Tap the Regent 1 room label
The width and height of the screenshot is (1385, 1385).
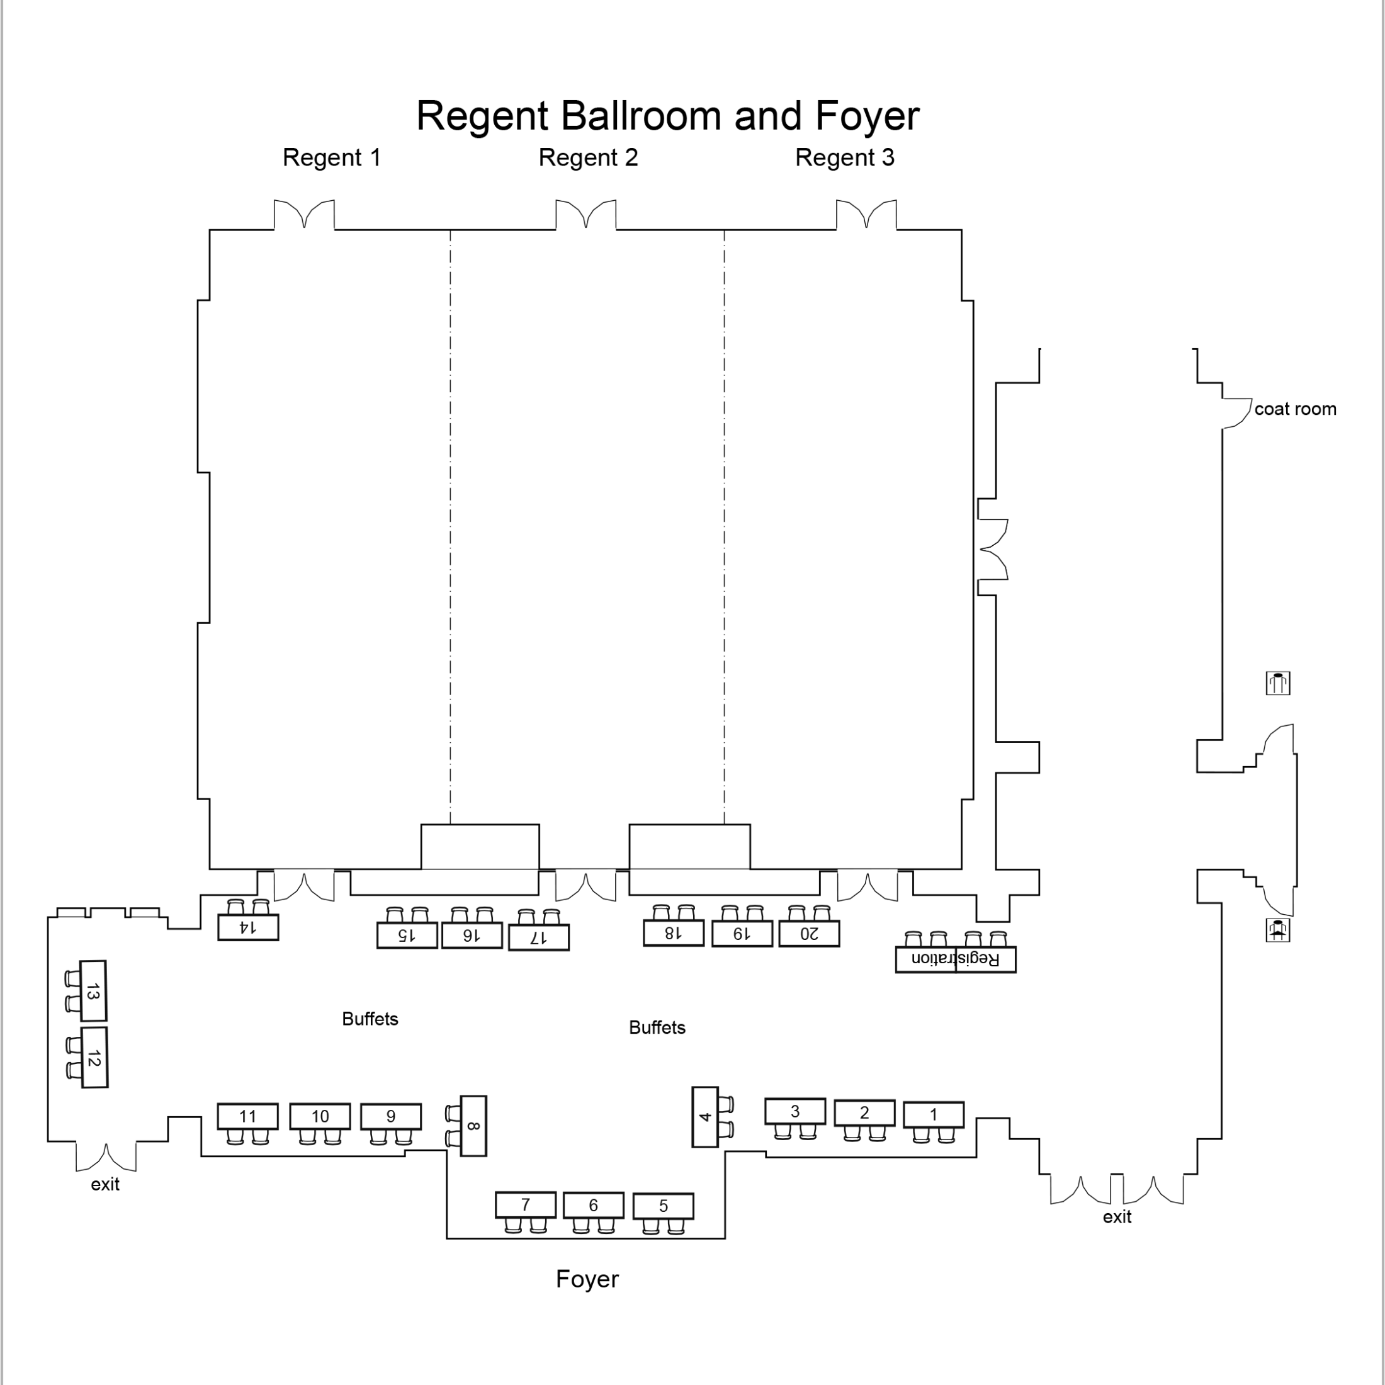[x=331, y=158]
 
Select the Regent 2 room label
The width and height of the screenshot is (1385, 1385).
[x=588, y=158]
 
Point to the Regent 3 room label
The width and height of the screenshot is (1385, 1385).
[x=844, y=158]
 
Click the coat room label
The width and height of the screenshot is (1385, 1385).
[x=1295, y=409]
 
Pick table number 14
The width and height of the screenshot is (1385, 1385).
[x=248, y=927]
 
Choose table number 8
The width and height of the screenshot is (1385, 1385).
[x=473, y=1126]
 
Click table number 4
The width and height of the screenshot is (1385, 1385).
[x=704, y=1117]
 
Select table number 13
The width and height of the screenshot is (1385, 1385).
[x=93, y=991]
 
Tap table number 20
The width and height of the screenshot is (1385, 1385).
[x=808, y=934]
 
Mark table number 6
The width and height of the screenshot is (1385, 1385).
[x=594, y=1205]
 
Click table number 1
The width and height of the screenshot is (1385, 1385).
[x=934, y=1115]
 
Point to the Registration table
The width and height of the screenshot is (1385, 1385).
[x=956, y=959]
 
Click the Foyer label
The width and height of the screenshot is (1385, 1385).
[x=587, y=1279]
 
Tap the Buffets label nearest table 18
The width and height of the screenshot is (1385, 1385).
[x=657, y=1027]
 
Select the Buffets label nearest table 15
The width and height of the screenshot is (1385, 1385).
[x=370, y=1019]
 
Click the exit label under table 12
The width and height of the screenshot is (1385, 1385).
[x=105, y=1184]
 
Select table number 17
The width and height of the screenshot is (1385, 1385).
[x=538, y=937]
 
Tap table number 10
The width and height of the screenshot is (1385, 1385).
[x=320, y=1116]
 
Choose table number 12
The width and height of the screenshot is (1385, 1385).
[x=94, y=1058]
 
